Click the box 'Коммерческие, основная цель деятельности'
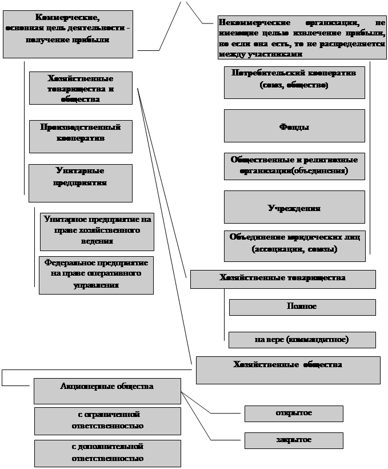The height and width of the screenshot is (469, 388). [x=67, y=34]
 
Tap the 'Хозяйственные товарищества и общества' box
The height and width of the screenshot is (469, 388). [x=81, y=88]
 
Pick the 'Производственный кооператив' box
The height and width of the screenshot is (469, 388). [x=80, y=136]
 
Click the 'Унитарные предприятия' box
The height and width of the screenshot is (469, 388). [x=80, y=182]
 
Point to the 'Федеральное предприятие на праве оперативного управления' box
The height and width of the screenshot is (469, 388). [x=96, y=275]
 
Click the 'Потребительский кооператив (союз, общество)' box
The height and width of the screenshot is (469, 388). [x=294, y=82]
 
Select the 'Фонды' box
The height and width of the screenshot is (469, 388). [x=294, y=126]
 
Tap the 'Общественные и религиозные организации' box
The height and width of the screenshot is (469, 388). [x=294, y=165]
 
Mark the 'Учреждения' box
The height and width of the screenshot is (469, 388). [x=294, y=207]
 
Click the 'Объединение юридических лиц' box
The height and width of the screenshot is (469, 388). [x=294, y=245]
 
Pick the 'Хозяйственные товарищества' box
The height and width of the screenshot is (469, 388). [x=282, y=279]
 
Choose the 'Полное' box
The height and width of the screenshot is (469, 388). [x=302, y=307]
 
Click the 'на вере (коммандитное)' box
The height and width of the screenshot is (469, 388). [x=302, y=340]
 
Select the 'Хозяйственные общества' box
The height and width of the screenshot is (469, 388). [x=287, y=369]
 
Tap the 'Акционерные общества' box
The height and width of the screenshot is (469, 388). [x=107, y=391]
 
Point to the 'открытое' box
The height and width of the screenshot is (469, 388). [x=294, y=414]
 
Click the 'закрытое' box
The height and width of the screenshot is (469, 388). [x=294, y=440]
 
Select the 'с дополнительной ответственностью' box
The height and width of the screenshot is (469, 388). [x=107, y=452]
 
